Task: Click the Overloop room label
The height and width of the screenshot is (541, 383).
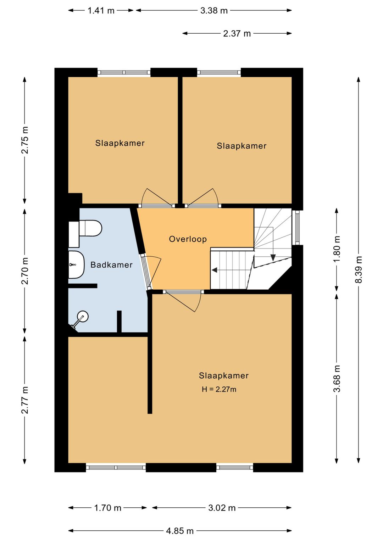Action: (188, 239)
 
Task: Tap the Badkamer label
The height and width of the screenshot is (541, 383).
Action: (111, 265)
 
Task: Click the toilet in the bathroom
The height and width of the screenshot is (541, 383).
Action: (85, 228)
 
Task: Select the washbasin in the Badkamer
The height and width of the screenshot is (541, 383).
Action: (76, 265)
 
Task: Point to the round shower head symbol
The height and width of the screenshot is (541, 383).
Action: (83, 316)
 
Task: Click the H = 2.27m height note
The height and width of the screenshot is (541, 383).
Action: (219, 390)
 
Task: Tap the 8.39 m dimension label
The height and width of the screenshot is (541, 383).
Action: (359, 269)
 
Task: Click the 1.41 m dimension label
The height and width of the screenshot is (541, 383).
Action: (101, 11)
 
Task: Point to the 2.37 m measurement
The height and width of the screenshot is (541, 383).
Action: (237, 34)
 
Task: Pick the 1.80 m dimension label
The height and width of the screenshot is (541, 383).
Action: (337, 249)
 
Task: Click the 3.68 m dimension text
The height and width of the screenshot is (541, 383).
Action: (337, 379)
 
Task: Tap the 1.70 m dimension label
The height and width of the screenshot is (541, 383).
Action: (107, 508)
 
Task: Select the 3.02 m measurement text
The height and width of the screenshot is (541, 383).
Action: (222, 508)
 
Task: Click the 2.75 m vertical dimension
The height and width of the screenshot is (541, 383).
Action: (25, 140)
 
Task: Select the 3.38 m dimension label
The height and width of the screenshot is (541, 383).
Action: (214, 11)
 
